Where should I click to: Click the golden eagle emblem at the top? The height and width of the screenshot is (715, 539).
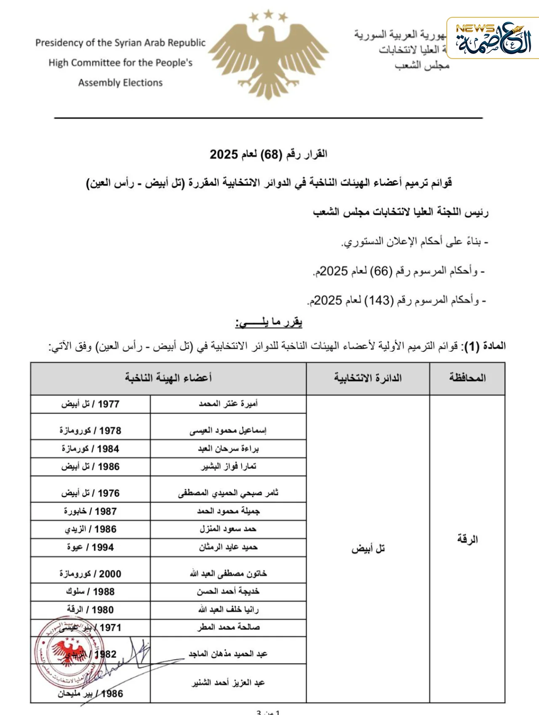click(x=268, y=59)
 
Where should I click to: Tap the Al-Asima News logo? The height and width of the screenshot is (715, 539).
click(x=493, y=39)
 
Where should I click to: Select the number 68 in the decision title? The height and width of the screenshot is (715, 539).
click(x=271, y=154)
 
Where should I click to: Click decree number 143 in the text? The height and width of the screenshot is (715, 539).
click(x=379, y=301)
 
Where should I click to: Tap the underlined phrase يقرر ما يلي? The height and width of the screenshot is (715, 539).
click(x=269, y=323)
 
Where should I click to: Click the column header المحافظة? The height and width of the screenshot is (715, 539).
click(x=467, y=378)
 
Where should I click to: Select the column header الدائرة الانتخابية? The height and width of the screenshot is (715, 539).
click(x=368, y=378)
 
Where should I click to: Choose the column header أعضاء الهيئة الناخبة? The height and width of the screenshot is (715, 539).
click(x=168, y=378)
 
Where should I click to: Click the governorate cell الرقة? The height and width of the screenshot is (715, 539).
click(x=467, y=539)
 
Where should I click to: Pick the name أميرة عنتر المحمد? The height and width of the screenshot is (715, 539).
click(x=228, y=404)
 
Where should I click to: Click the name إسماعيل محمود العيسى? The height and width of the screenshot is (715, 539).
click(x=228, y=430)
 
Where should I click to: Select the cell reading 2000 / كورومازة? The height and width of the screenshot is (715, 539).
click(x=90, y=574)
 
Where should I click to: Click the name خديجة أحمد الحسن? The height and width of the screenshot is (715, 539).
click(x=228, y=591)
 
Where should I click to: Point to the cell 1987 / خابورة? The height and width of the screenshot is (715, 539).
click(x=90, y=511)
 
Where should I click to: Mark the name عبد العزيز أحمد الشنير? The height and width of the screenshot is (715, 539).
click(x=228, y=683)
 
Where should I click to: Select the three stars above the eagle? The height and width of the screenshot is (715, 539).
click(x=268, y=16)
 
